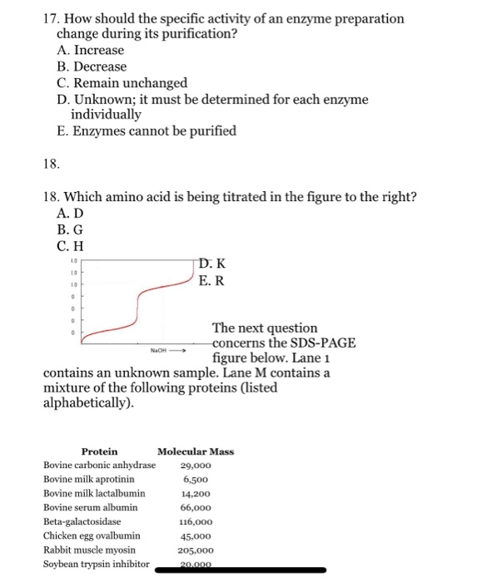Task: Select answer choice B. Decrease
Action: click(92, 67)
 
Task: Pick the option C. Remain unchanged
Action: click(122, 83)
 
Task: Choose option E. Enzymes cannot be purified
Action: click(147, 131)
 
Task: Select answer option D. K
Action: click(212, 264)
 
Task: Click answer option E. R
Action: click(212, 280)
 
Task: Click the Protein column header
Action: click(99, 451)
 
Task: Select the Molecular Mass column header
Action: click(196, 451)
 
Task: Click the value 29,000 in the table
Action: click(196, 466)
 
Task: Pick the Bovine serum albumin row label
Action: click(91, 506)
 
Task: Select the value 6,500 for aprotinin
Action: click(196, 480)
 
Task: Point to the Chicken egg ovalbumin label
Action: click(92, 535)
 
